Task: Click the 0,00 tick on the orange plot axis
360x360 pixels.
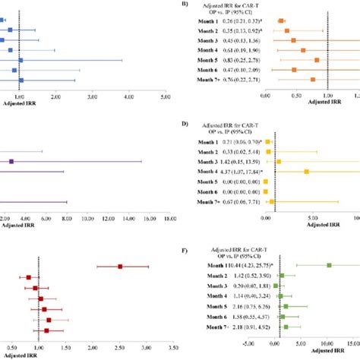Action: pos(264,96)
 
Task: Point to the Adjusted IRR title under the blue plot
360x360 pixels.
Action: pos(19,103)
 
